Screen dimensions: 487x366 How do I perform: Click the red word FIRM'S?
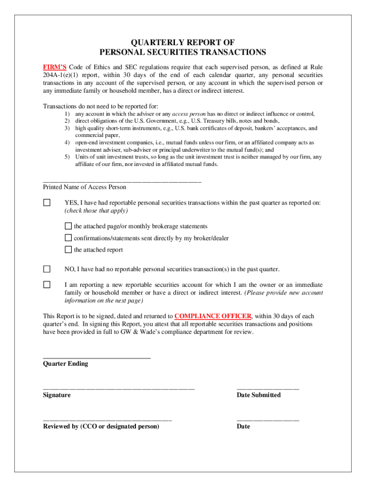pyautogui.click(x=55, y=67)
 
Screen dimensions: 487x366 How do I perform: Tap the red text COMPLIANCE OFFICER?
pyautogui.click(x=213, y=316)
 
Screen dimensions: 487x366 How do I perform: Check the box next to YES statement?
pyautogui.click(x=47, y=203)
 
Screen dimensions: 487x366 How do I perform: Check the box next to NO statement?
pyautogui.click(x=47, y=269)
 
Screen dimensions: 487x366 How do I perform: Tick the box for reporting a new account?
pyautogui.click(x=47, y=285)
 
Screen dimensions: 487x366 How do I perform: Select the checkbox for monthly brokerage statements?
pyautogui.click(x=68, y=226)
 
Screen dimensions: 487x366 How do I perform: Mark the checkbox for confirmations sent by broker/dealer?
pyautogui.click(x=68, y=238)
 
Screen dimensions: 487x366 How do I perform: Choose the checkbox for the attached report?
pyautogui.click(x=68, y=250)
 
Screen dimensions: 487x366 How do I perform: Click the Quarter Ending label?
pyautogui.click(x=66, y=364)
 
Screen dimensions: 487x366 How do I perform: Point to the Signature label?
pyautogui.click(x=57, y=395)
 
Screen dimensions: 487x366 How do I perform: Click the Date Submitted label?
pyautogui.click(x=259, y=395)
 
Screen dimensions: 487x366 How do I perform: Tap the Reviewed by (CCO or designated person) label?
pyautogui.click(x=101, y=427)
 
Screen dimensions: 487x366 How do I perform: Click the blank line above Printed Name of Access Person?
pyautogui.click(x=122, y=182)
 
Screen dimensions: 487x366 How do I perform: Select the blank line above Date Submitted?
pyautogui.click(x=268, y=389)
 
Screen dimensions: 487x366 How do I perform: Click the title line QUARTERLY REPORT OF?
pyautogui.click(x=183, y=42)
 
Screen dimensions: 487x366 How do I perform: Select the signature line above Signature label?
pyautogui.click(x=119, y=389)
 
